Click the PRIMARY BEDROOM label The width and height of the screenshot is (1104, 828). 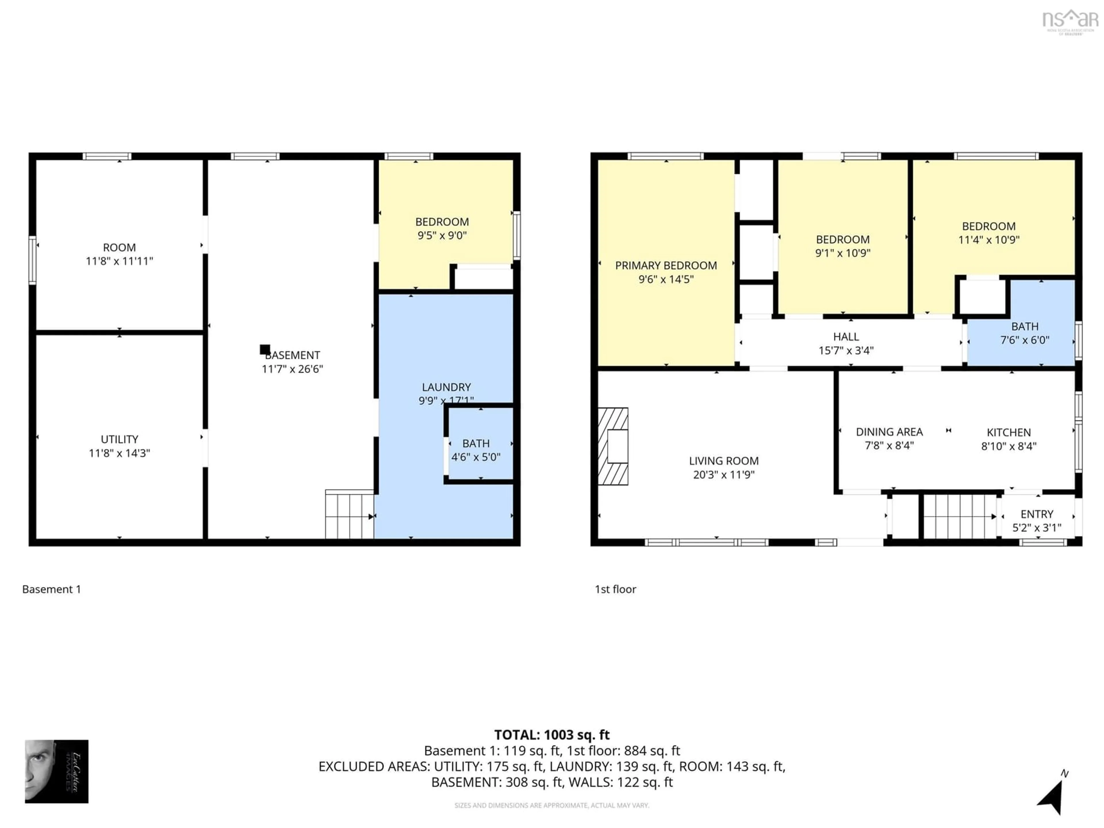(666, 266)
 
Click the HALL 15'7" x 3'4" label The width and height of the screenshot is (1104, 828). (846, 343)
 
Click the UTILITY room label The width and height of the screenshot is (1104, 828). (119, 439)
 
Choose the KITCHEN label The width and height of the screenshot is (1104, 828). (1009, 433)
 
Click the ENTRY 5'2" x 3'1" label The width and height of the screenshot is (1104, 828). (1037, 521)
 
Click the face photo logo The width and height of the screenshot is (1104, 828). (56, 771)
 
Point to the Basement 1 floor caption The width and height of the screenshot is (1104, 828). (51, 589)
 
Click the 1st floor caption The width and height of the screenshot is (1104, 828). (615, 589)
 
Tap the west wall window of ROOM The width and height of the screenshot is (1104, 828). (32, 260)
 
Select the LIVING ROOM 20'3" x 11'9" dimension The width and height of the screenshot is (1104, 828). (724, 475)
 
